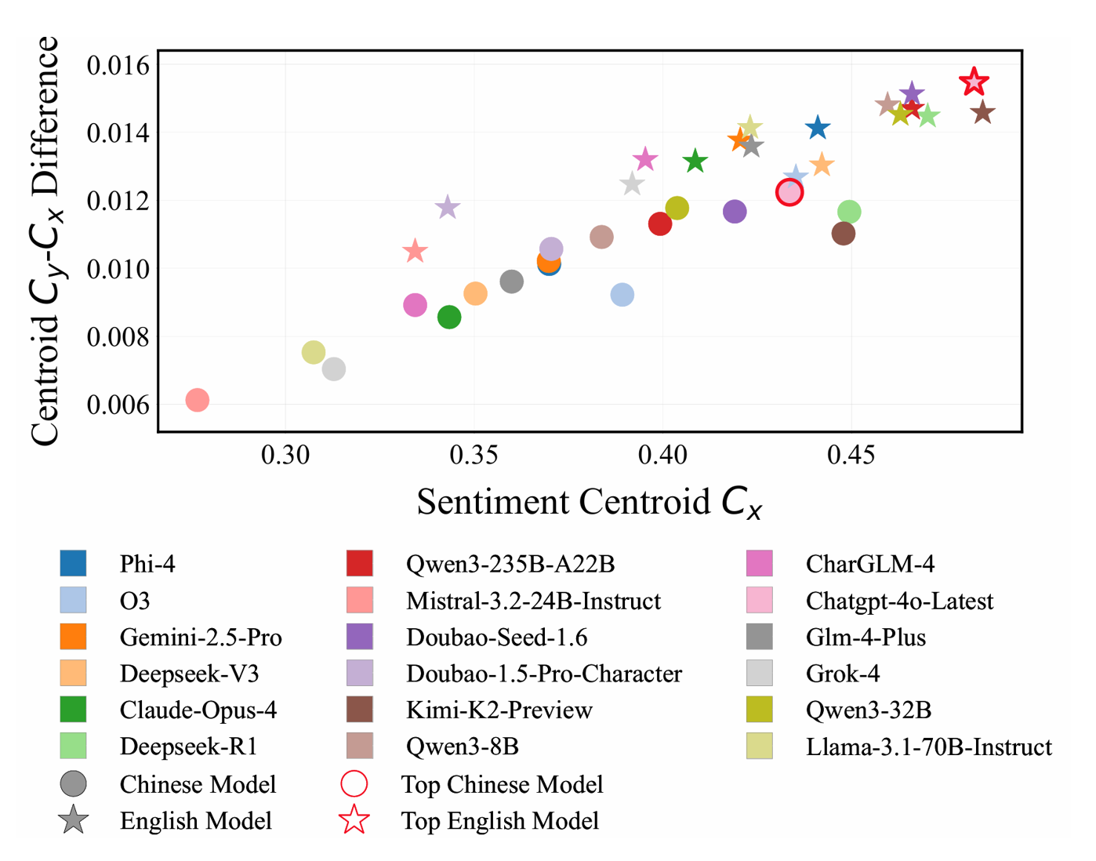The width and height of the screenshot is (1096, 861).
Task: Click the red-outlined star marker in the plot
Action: [974, 82]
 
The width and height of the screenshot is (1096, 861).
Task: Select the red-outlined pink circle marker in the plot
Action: [789, 192]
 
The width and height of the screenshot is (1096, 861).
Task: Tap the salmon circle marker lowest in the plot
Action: [198, 400]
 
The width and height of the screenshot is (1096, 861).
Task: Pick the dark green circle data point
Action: [449, 318]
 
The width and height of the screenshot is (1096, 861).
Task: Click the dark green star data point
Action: [695, 162]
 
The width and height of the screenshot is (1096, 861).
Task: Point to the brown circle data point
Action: [844, 233]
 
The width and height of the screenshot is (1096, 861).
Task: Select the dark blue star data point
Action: [818, 127]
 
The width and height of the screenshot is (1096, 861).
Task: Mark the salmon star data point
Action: [415, 252]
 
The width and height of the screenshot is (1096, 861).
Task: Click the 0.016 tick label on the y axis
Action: [118, 66]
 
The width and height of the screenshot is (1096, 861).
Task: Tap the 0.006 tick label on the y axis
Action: [118, 405]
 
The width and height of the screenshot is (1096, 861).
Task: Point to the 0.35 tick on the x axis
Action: [474, 455]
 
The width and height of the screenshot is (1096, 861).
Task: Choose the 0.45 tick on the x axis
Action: [851, 455]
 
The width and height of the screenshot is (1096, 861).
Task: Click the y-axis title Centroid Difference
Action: [45, 240]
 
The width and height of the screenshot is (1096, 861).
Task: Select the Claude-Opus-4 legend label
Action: [198, 710]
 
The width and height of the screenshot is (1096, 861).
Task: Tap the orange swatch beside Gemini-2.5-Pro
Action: [73, 637]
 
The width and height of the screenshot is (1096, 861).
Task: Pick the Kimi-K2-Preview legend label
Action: [499, 710]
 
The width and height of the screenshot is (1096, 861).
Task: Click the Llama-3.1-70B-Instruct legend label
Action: [928, 747]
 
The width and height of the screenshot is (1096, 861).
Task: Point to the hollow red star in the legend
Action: [354, 820]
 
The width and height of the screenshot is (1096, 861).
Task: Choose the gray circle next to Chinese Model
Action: [73, 784]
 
